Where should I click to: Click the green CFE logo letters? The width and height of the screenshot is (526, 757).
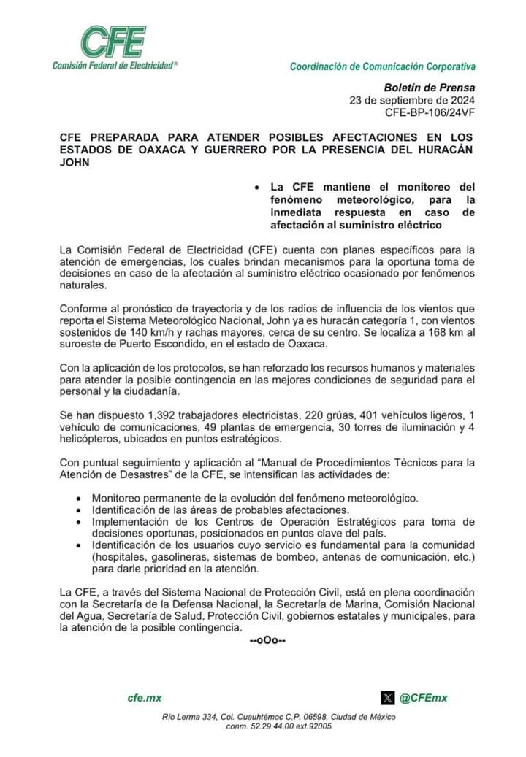[x=113, y=42]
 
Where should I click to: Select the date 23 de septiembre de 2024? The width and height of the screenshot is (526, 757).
[x=412, y=100]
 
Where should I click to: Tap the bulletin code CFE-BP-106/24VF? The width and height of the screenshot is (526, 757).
[x=430, y=112]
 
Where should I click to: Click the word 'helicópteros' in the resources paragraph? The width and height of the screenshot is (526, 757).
[x=89, y=439]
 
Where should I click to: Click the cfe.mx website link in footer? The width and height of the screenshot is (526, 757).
[x=145, y=698]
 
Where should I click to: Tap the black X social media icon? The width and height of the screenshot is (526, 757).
[x=388, y=698]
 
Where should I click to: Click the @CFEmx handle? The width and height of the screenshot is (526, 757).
[x=423, y=698]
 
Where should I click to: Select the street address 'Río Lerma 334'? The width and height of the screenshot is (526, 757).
[x=189, y=717]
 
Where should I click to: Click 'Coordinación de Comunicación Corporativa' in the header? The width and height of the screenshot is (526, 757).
[x=383, y=66]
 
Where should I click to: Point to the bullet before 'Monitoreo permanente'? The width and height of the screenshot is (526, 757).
[x=79, y=498]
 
